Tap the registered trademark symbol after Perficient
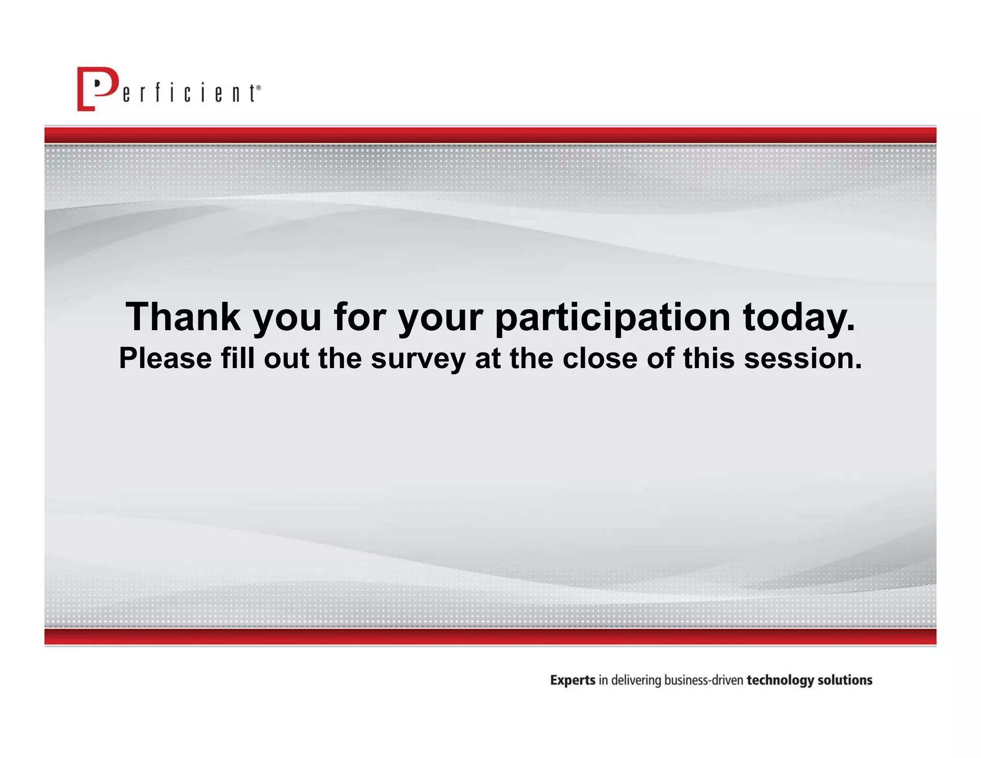click(x=259, y=88)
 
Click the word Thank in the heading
click(x=183, y=317)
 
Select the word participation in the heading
click(x=613, y=318)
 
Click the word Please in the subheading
click(x=165, y=358)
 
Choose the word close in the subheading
click(x=600, y=358)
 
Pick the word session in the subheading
click(x=803, y=358)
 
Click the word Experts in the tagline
click(x=572, y=680)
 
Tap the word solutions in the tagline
click(x=845, y=680)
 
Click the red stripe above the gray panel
click(x=490, y=135)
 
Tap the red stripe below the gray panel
click(x=490, y=636)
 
